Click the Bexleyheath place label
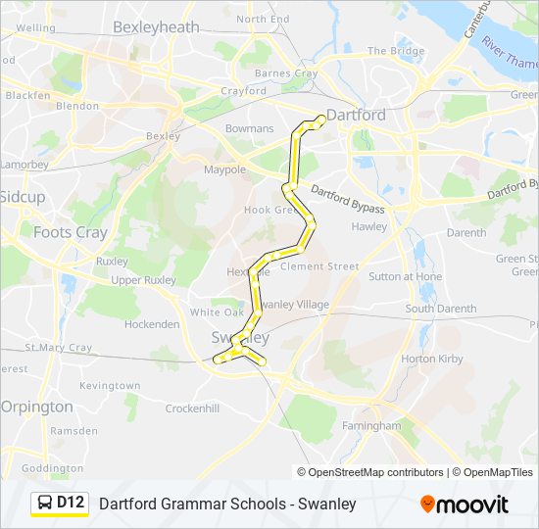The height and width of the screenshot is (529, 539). [156, 27]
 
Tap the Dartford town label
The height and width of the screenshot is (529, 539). [355, 115]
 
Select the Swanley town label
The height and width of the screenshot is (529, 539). [239, 337]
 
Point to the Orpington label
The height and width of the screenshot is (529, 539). [36, 406]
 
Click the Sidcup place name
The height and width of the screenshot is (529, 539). [23, 197]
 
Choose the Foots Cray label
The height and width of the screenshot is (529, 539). [70, 232]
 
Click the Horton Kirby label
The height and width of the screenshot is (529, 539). [431, 359]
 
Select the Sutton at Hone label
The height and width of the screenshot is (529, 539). [405, 276]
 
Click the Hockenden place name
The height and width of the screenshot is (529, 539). [152, 323]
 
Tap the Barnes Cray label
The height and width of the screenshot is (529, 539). [286, 73]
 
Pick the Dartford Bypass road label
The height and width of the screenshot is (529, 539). [347, 199]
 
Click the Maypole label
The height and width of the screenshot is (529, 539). [224, 169]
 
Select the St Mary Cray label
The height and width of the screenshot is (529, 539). [58, 347]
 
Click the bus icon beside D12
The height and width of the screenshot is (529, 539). [45, 504]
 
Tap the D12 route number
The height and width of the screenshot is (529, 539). [72, 504]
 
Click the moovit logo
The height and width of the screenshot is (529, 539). [465, 505]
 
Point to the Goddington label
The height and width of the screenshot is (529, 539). [51, 468]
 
